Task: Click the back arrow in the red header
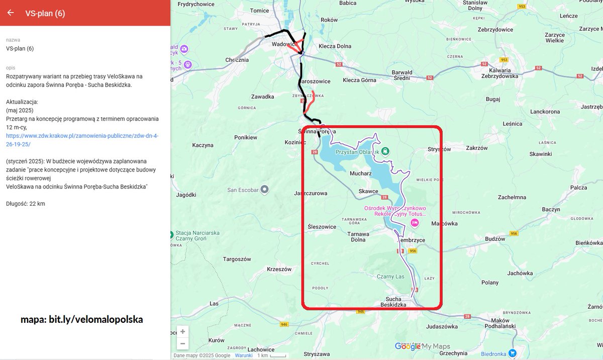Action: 11,13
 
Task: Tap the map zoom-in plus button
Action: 182,332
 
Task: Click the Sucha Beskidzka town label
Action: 397,302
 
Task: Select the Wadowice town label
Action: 282,44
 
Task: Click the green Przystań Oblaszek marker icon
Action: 385,150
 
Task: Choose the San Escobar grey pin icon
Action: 265,190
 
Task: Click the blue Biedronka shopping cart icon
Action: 512,353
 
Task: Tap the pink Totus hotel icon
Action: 415,223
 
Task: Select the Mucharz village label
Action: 360,173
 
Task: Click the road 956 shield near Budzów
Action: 514,234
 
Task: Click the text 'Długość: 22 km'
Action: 26,204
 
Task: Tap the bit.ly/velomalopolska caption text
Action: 81,319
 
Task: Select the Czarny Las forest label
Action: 390,277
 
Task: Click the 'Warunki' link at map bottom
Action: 244,355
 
